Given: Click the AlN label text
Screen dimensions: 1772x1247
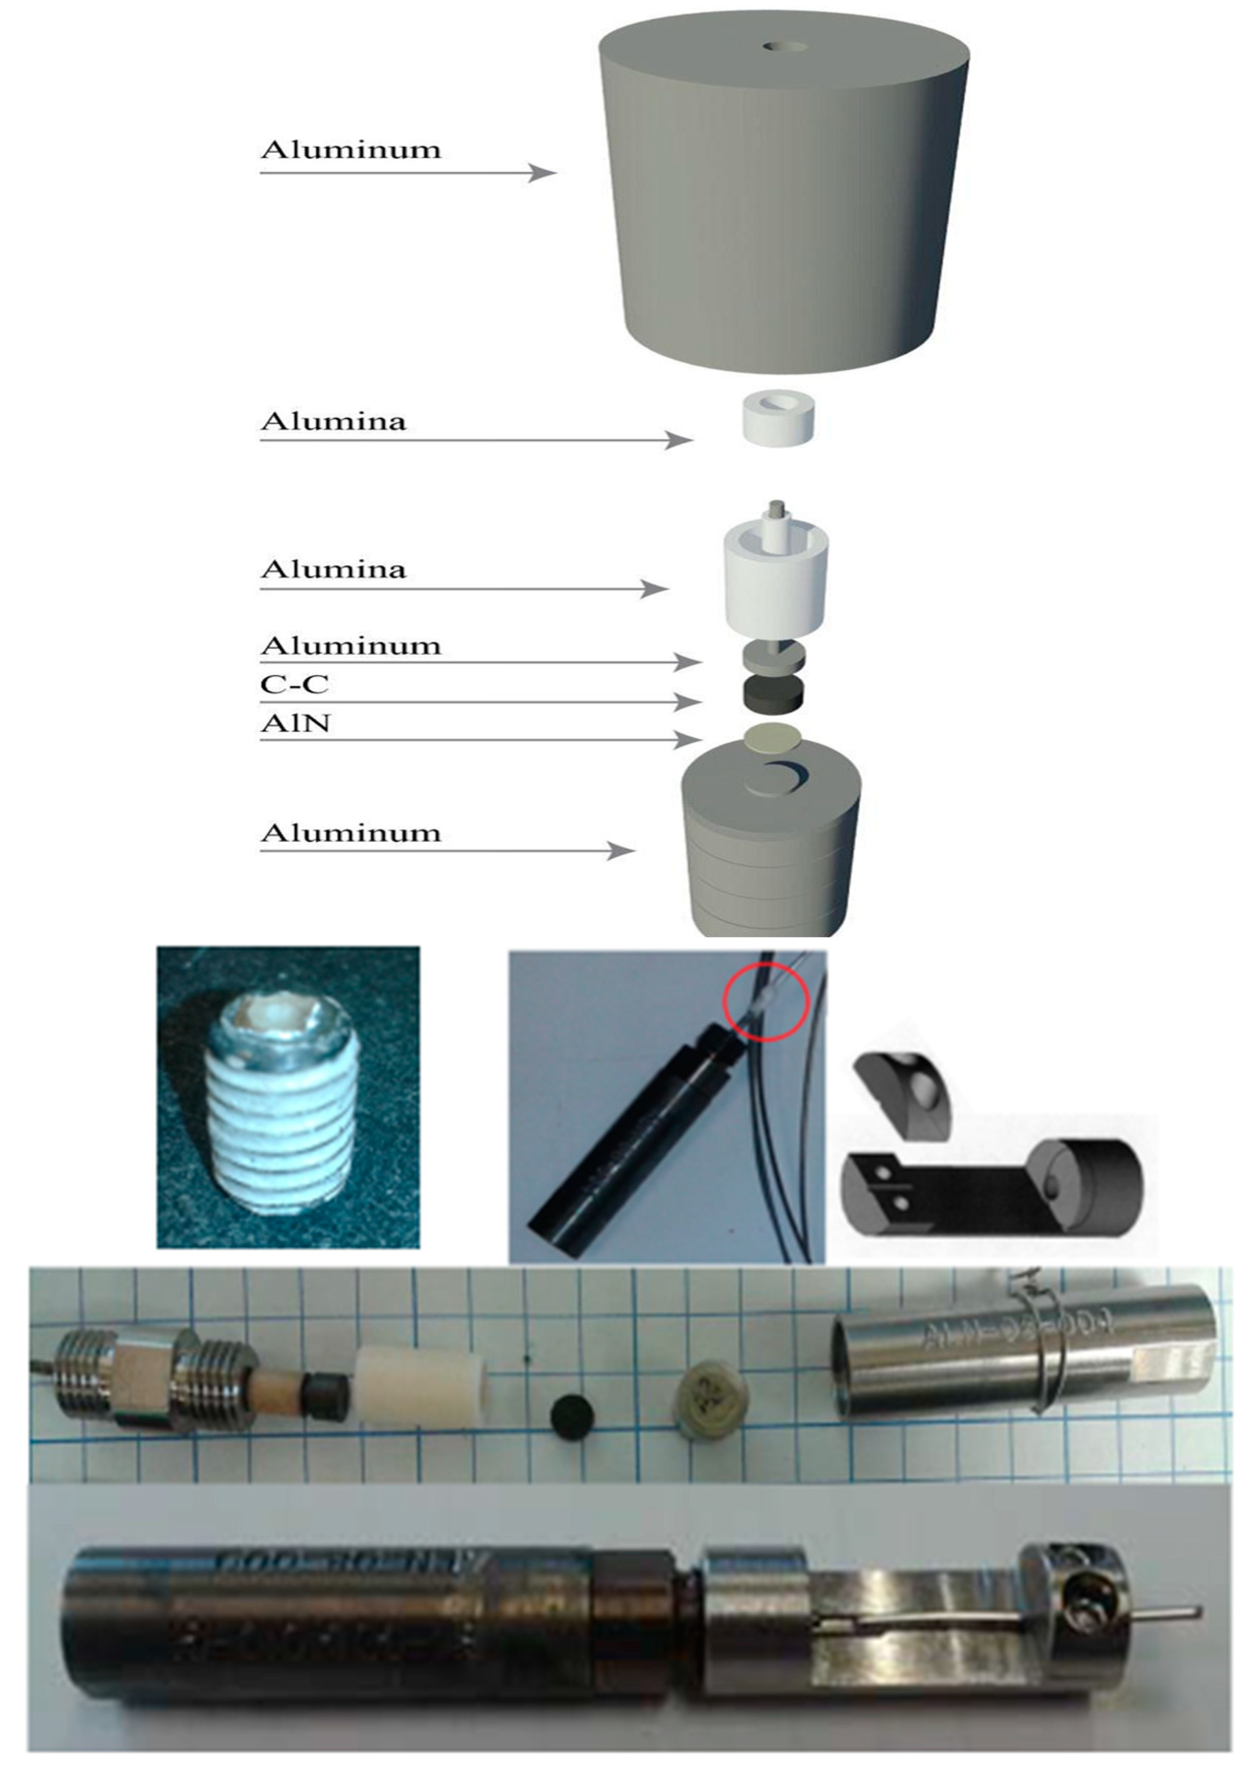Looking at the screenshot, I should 295,723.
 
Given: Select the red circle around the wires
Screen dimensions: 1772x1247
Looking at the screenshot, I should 765,1000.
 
